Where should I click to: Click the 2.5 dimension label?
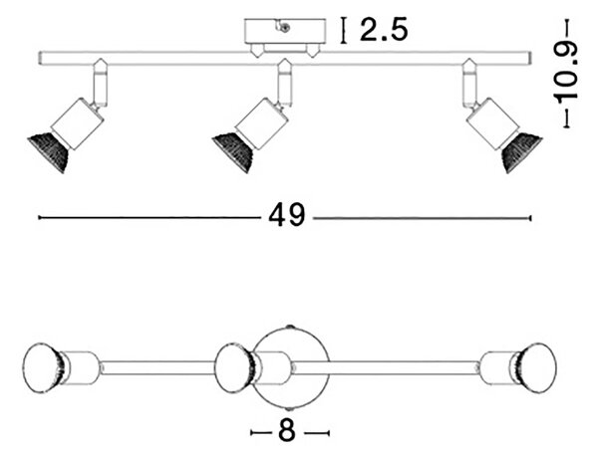(384, 30)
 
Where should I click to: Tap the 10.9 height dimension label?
(566, 73)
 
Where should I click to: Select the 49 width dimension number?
(287, 215)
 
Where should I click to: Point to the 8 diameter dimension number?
(287, 431)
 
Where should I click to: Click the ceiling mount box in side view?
(285, 31)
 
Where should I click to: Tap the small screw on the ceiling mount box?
(284, 27)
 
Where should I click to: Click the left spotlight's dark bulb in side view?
(48, 152)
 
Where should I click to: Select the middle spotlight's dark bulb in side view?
(232, 152)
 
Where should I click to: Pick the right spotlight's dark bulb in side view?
(521, 152)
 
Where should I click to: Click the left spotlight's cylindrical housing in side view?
(78, 123)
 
